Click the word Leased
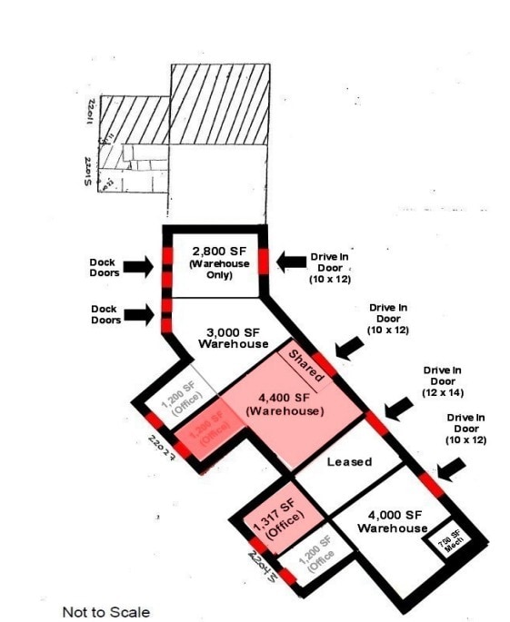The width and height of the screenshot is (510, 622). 349,461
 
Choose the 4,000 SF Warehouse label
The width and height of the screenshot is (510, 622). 392,521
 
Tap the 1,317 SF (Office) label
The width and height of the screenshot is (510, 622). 280,523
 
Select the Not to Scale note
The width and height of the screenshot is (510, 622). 105,611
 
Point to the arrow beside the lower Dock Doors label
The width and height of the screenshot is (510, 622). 138,314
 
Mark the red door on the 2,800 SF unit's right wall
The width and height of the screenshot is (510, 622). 263,259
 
